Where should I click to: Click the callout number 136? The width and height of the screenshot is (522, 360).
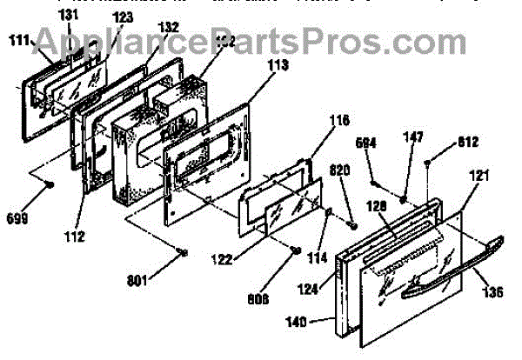(493, 293)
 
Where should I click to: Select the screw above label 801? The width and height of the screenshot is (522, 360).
(181, 251)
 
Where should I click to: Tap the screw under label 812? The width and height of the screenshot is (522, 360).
(429, 163)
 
